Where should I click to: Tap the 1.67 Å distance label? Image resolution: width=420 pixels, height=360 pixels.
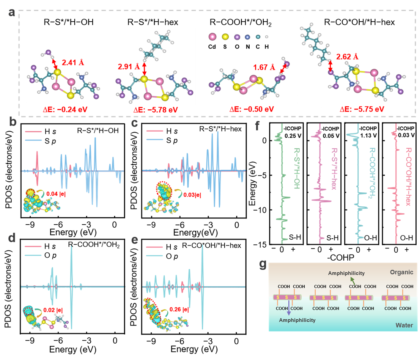tap(264, 68)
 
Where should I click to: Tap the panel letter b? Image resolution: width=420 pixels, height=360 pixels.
tap(13, 123)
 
